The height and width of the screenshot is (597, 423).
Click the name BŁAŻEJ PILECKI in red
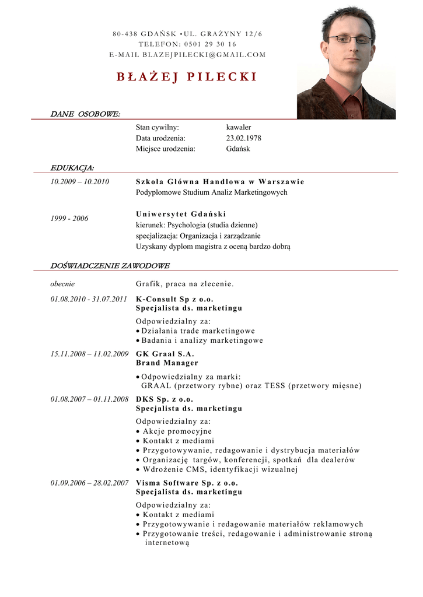coord(187,78)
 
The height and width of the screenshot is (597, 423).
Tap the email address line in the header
coord(187,55)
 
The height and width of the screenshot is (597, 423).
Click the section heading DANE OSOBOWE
coord(85,114)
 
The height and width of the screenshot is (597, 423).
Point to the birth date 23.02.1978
coord(243,138)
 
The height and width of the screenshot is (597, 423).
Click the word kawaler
coord(239,127)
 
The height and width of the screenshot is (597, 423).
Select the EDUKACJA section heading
coord(72,168)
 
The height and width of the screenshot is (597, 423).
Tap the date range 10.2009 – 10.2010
coord(80,182)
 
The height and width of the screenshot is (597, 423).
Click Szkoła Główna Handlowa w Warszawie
coord(220,182)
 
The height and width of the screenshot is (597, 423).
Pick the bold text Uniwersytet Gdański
coord(181,214)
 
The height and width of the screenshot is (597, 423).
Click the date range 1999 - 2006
coord(69,219)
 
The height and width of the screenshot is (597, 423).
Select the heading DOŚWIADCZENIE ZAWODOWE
coord(110,266)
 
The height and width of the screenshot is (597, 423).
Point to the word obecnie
coord(62,285)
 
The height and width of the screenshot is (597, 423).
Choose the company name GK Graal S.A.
coord(165,354)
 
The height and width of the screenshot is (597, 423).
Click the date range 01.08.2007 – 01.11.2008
coord(89,399)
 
